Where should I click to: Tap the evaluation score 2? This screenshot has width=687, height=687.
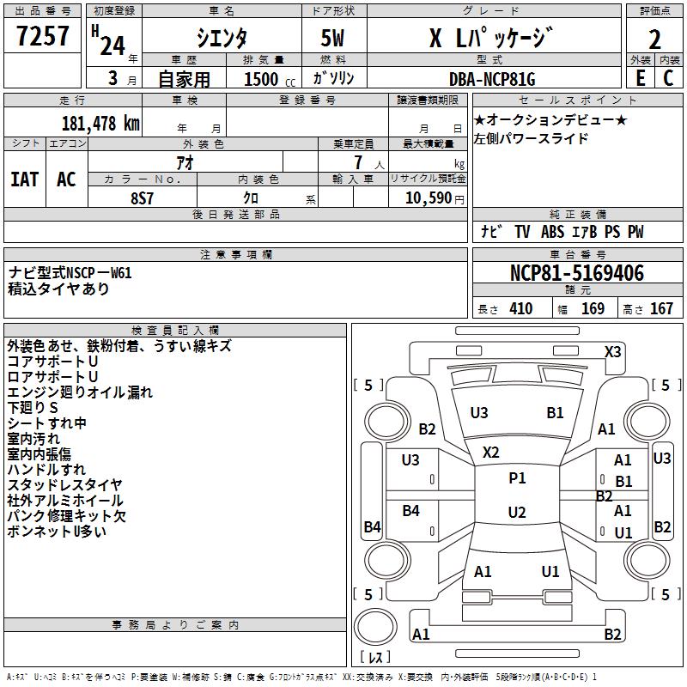tap(655, 38)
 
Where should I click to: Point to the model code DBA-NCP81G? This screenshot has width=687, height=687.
tap(491, 79)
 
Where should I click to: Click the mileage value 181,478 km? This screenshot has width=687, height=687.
tap(100, 123)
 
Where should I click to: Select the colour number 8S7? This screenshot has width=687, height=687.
tap(142, 197)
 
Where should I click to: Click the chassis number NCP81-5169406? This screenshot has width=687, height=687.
tap(576, 274)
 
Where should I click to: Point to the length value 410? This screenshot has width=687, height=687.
tap(520, 309)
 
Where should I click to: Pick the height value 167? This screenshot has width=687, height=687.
tap(661, 309)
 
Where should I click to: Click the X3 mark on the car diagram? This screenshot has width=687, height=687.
tap(613, 351)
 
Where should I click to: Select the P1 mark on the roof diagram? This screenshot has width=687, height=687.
tap(517, 478)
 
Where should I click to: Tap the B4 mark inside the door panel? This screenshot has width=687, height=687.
tap(410, 511)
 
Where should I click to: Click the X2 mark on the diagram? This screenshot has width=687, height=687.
tap(491, 452)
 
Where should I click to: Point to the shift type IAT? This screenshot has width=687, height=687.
tap(25, 179)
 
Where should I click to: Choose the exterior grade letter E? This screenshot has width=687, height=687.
tap(640, 79)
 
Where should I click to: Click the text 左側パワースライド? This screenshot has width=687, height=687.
tap(531, 138)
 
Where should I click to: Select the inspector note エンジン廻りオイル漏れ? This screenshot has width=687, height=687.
tap(80, 392)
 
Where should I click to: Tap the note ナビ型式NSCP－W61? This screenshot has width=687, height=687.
tap(70, 273)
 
